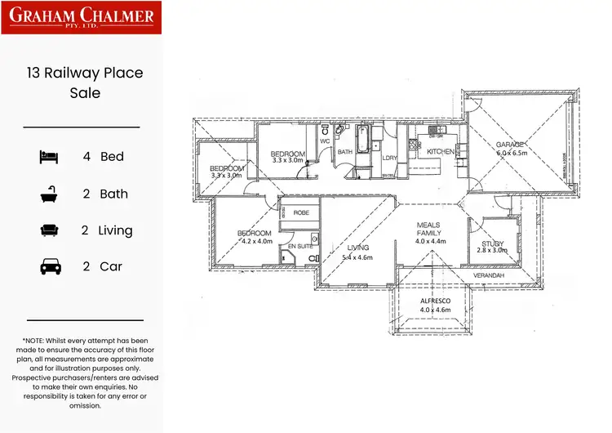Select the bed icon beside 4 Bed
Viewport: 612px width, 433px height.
pos(49,157)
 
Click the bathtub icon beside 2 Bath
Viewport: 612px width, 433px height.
pos(49,194)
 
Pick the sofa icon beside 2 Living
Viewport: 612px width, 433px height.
pos(49,230)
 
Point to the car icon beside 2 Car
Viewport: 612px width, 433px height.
pos(49,266)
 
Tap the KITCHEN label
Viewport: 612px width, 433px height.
pos(441,152)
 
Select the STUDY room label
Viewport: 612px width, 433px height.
pos(492,243)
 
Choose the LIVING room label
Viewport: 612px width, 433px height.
pos(358,248)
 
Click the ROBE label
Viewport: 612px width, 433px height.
pos(301,212)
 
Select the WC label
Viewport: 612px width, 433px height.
pos(323,141)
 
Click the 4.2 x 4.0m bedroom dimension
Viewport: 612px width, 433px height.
pos(255,242)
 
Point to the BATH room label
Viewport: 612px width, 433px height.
pos(345,152)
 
